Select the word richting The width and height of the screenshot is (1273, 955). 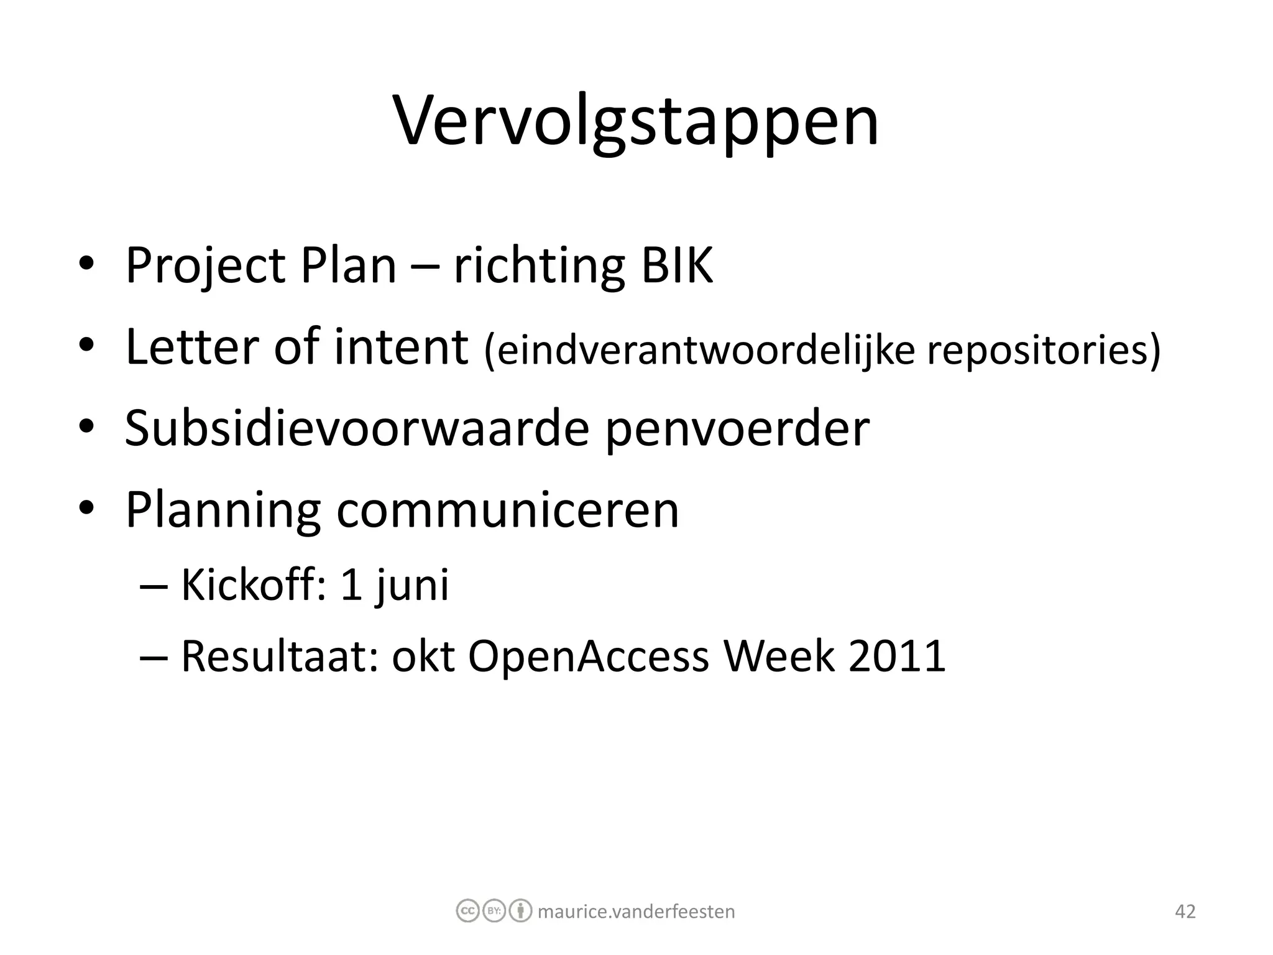tap(538, 266)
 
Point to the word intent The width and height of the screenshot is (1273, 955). tap(401, 347)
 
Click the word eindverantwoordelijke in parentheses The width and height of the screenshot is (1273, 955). tap(699, 350)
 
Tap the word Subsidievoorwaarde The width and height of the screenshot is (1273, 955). tap(357, 428)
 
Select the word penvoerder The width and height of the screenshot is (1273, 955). tap(737, 428)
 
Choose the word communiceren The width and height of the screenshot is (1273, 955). tap(508, 510)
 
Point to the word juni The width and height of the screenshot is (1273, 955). tap(412, 586)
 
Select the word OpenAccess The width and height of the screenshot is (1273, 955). tap(588, 657)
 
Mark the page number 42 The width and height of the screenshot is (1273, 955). tap(1185, 911)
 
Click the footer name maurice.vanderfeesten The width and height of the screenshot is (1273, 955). tap(636, 911)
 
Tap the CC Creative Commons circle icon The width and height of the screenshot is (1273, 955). tap(467, 911)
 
